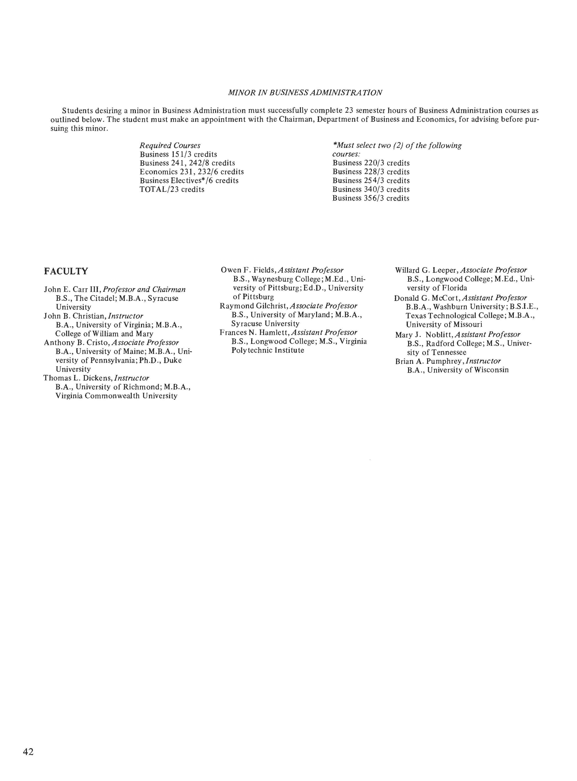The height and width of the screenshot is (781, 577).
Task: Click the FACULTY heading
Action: tap(66, 271)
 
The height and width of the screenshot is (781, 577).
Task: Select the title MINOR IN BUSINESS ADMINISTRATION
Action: tap(305, 92)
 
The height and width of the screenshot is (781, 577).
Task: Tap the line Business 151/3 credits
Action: tap(178, 154)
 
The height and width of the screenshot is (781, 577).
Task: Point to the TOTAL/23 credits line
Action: tap(172, 190)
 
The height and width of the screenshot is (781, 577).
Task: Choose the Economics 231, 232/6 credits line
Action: tap(191, 172)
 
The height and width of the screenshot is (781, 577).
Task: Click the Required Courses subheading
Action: tap(170, 146)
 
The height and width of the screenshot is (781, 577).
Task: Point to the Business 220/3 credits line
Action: tap(371, 163)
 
